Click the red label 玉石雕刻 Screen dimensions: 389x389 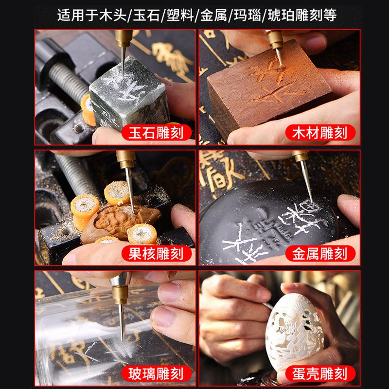point(157,132)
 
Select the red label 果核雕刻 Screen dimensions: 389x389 point(157,253)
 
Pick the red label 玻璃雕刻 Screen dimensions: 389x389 point(157,373)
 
